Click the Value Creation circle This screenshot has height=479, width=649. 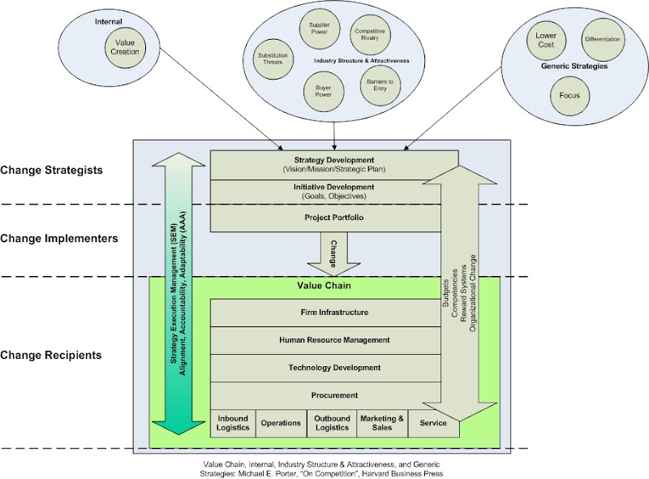[125, 47]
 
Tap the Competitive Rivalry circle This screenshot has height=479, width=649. [370, 36]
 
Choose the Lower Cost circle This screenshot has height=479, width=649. [545, 41]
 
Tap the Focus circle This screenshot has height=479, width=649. [567, 96]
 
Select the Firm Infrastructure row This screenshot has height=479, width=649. [334, 313]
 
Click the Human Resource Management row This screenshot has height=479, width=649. [334, 340]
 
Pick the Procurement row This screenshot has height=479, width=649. [334, 395]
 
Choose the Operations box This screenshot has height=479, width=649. [280, 423]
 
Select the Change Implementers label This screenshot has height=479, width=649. [59, 239]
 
